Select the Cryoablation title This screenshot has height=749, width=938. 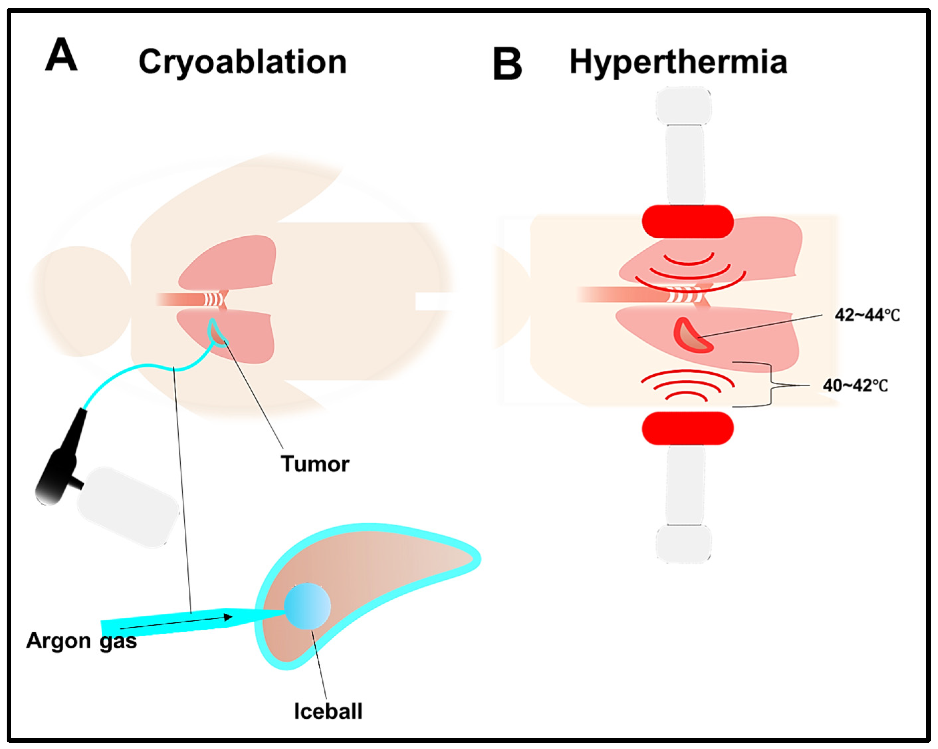pyautogui.click(x=242, y=62)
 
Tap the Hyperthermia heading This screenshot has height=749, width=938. pyautogui.click(x=678, y=62)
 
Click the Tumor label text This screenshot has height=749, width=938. pyautogui.click(x=315, y=464)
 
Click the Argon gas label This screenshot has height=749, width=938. pyautogui.click(x=81, y=641)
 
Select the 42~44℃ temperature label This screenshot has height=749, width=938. pyautogui.click(x=867, y=315)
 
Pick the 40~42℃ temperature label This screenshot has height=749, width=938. pyautogui.click(x=855, y=386)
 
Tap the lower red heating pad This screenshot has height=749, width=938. pyautogui.click(x=687, y=428)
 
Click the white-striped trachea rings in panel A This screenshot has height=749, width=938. pyautogui.click(x=213, y=300)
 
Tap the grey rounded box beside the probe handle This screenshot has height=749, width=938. pyautogui.click(x=128, y=507)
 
